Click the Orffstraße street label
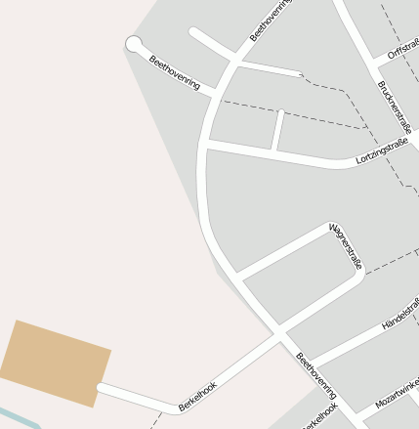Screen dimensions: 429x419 tap(403, 49)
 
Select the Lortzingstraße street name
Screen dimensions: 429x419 tap(383, 152)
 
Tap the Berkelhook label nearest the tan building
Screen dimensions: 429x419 tap(197, 395)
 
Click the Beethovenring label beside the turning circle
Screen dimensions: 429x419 tap(174, 73)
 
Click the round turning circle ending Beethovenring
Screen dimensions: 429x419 tap(134, 43)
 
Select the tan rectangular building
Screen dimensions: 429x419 tap(55, 362)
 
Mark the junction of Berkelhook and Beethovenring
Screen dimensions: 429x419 tap(279, 336)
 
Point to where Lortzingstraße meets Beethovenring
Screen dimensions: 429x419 tap(206, 145)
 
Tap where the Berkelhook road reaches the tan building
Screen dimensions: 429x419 tap(101, 390)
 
